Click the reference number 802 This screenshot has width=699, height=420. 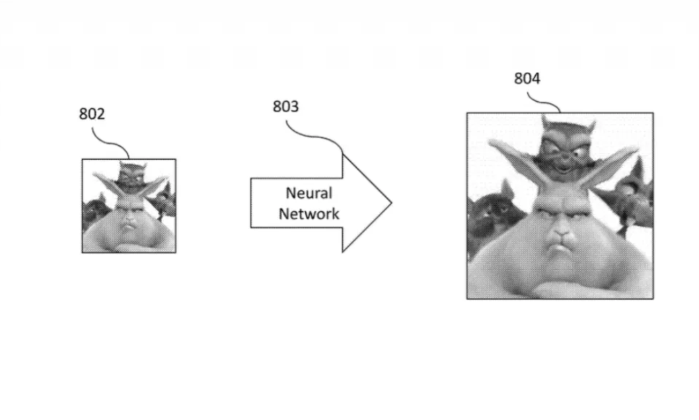(x=92, y=114)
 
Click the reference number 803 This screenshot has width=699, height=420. (x=286, y=106)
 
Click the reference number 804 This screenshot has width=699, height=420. (x=527, y=79)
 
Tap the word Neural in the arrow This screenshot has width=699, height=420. (x=309, y=193)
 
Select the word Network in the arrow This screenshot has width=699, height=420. (x=309, y=214)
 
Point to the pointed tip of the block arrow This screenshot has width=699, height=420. (x=391, y=203)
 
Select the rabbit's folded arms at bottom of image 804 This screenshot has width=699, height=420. (x=560, y=288)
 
